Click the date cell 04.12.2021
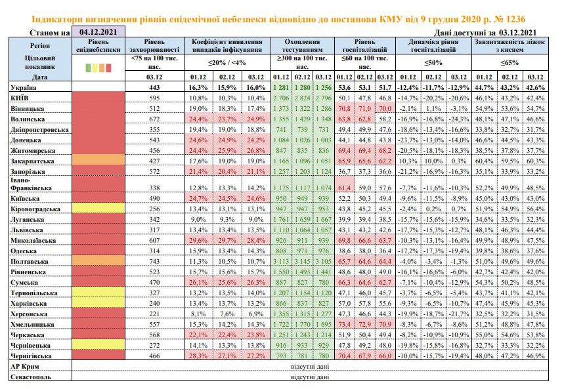click(x=98, y=31)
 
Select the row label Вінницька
click(x=28, y=109)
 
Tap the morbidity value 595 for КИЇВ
click(x=154, y=98)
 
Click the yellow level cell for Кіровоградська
click(x=98, y=209)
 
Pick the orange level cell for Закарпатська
click(x=98, y=159)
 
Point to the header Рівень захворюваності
click(x=154, y=46)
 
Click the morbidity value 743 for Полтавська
click(x=154, y=261)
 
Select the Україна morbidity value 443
click(x=154, y=87)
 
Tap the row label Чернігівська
click(x=31, y=356)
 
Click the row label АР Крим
click(x=25, y=367)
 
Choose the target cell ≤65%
click(x=510, y=62)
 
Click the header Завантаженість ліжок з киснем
click(x=510, y=46)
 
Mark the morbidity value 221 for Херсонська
click(x=154, y=314)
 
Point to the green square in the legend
click(x=88, y=68)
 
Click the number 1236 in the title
click(x=514, y=19)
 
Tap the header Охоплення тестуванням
click(x=302, y=46)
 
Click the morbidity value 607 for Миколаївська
click(x=154, y=241)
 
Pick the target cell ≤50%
click(x=433, y=62)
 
